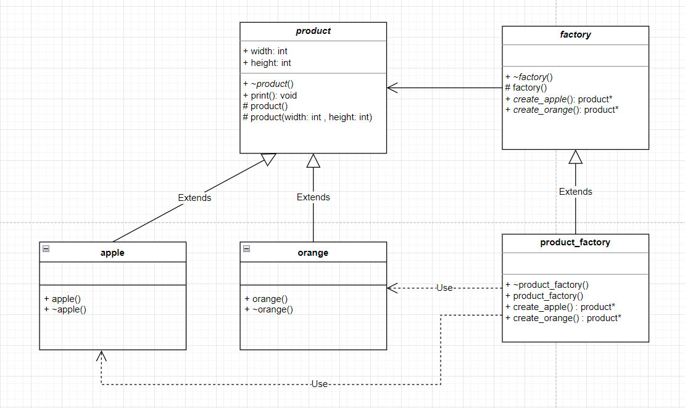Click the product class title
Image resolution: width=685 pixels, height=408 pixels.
tap(313, 31)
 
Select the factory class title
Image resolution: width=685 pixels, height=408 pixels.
tap(575, 35)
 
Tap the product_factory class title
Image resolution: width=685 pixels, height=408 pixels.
tap(575, 242)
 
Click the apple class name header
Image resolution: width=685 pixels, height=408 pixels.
tap(112, 253)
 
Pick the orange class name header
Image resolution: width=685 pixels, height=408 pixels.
tap(313, 253)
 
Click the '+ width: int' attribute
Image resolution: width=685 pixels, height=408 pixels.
tap(265, 51)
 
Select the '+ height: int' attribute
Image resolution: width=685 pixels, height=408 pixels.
tap(267, 63)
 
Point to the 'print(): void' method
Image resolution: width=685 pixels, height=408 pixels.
tap(270, 96)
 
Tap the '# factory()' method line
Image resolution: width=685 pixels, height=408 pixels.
tap(526, 88)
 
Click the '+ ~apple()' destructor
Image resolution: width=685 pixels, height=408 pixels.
tap(65, 309)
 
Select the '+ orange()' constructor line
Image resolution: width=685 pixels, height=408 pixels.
tap(266, 299)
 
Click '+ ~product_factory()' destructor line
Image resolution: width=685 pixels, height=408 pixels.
tap(547, 285)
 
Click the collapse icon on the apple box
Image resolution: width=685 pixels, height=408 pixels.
tap(46, 249)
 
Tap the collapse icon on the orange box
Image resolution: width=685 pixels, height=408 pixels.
tap(246, 249)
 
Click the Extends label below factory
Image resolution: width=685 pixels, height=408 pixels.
tap(575, 192)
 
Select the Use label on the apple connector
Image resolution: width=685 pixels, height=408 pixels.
tap(319, 384)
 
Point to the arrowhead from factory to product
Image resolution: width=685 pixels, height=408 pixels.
tap(392, 88)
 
